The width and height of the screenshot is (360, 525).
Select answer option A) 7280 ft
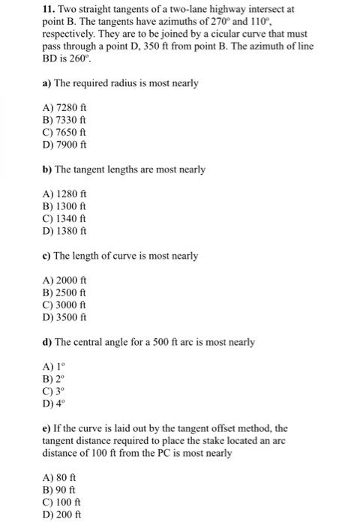(x=66, y=105)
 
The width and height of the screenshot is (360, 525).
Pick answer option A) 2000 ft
(x=66, y=279)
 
